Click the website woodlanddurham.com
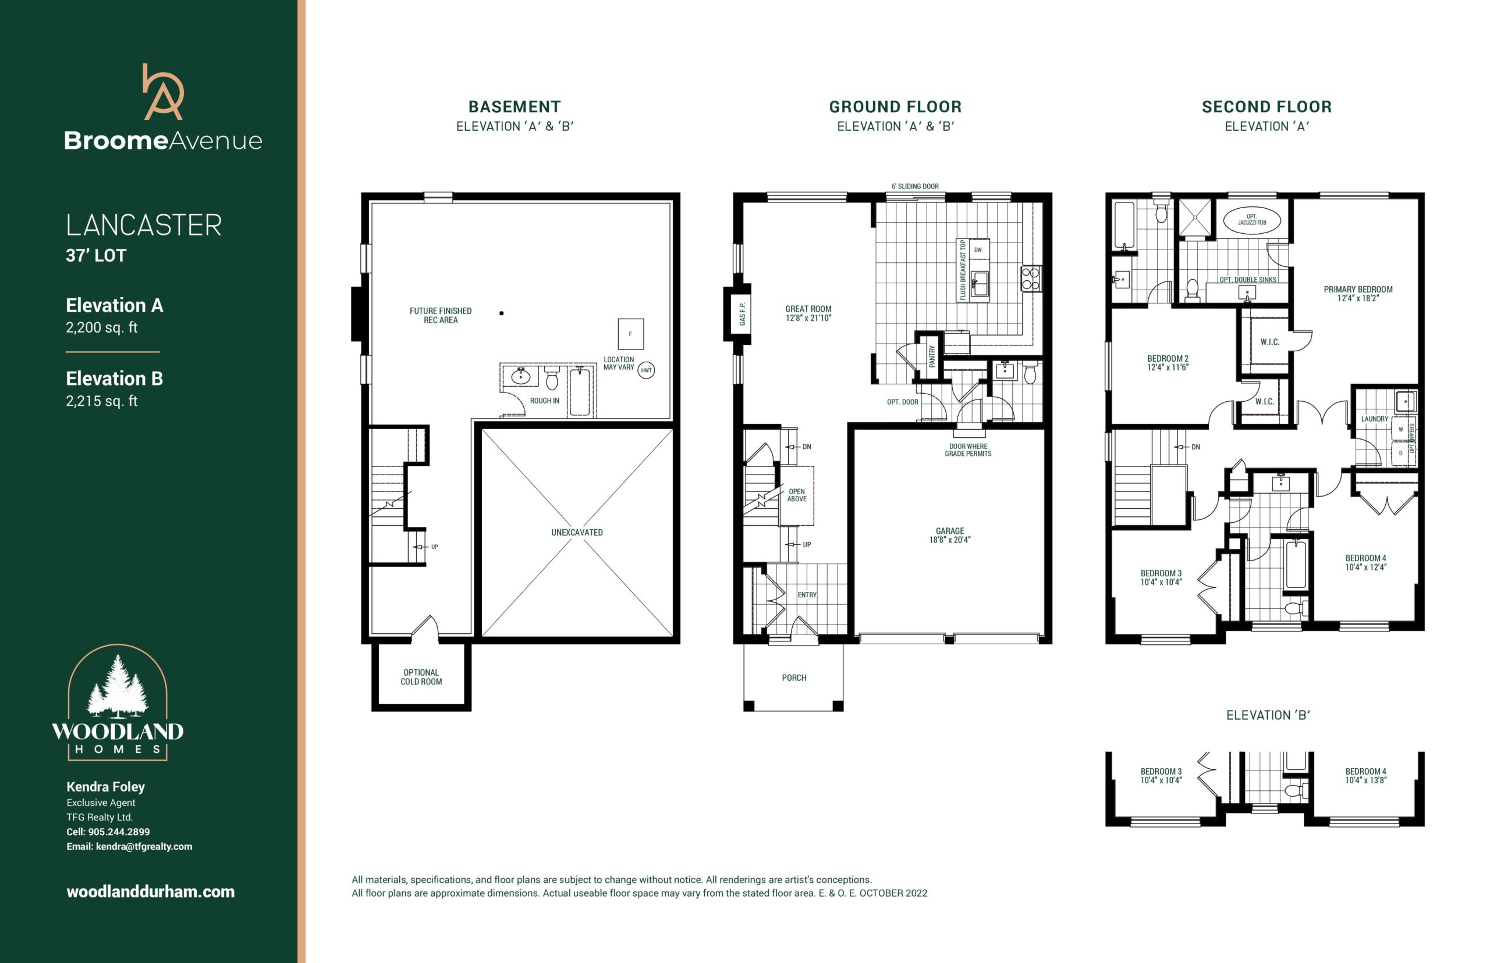[x=151, y=891]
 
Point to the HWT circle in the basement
[x=646, y=370]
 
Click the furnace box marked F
[x=630, y=334]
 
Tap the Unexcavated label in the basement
[x=577, y=532]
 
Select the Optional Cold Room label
[x=421, y=677]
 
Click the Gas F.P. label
[x=742, y=314]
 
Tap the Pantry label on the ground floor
[x=932, y=356]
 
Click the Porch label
[x=794, y=678]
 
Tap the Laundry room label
[x=1375, y=419]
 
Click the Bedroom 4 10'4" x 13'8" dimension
[x=1366, y=780]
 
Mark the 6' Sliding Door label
[x=915, y=186]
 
